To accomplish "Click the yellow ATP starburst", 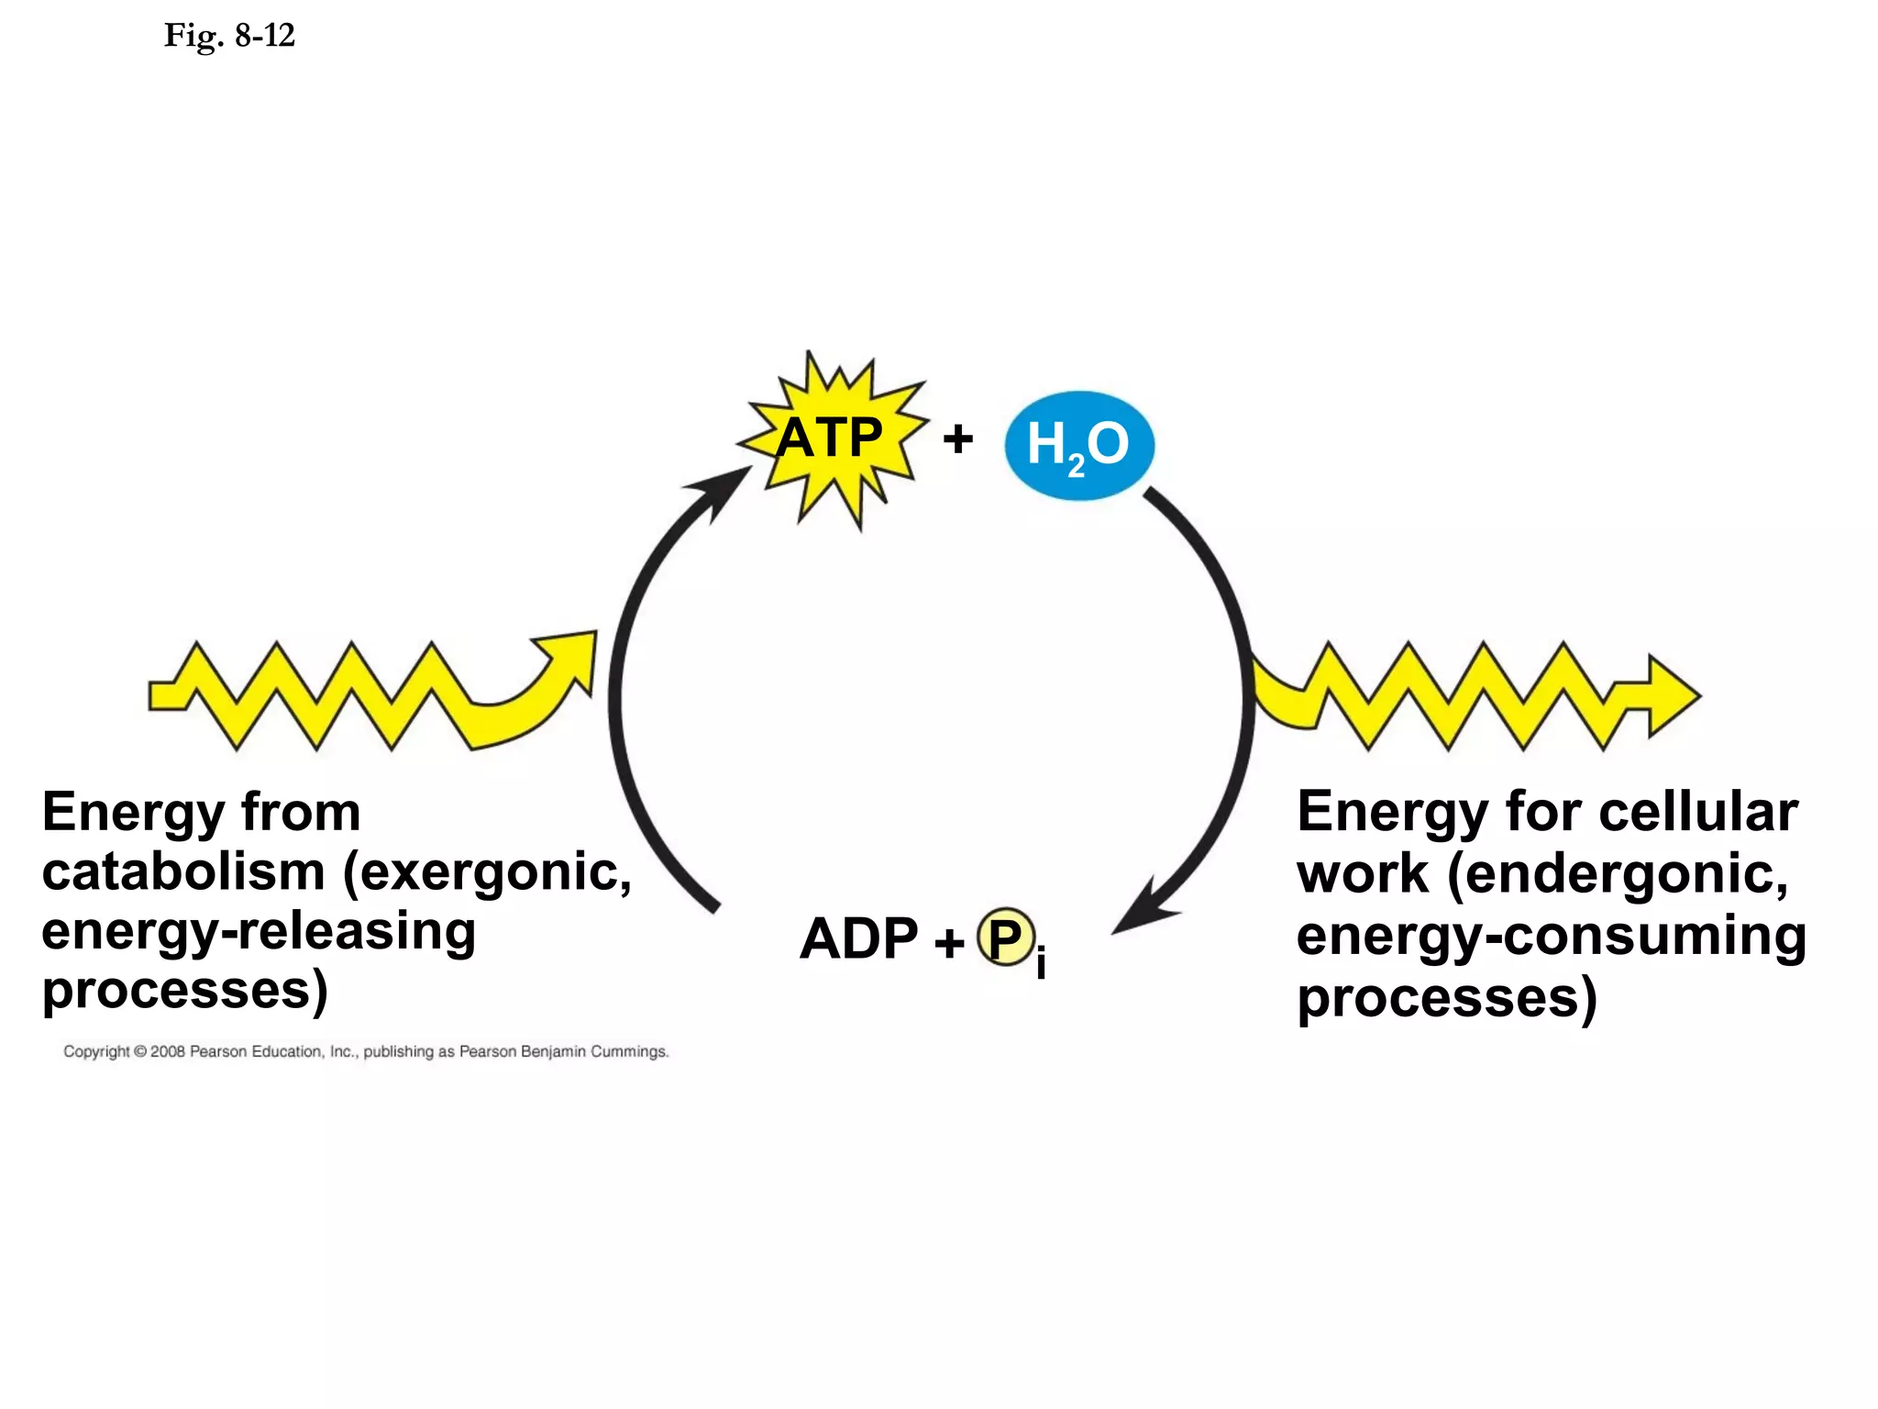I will tap(831, 438).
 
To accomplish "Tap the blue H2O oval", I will tap(1078, 445).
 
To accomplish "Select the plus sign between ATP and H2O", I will tap(957, 438).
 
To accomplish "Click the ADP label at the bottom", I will tap(858, 938).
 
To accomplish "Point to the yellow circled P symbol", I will tap(1005, 937).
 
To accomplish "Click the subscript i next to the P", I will tap(1041, 963).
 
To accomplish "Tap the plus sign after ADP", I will tap(949, 941).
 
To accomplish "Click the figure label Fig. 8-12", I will tap(229, 36).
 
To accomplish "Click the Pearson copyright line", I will tap(366, 1051).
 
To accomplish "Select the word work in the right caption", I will tap(1363, 872).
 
